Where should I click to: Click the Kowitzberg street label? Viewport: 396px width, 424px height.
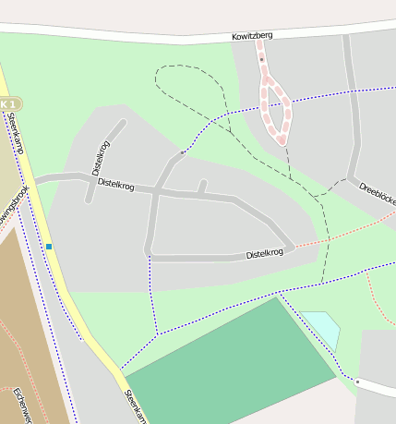(x=252, y=36)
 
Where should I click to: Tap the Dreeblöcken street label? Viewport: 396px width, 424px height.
(x=377, y=192)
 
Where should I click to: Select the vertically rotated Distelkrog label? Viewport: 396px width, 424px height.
(x=102, y=158)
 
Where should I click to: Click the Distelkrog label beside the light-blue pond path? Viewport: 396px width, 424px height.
(x=264, y=253)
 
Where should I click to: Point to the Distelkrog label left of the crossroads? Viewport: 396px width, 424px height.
(x=115, y=186)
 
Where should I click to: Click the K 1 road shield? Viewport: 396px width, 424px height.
(x=8, y=103)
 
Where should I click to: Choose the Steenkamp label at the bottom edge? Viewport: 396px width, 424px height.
(x=135, y=406)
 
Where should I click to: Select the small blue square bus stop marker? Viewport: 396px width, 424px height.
(x=49, y=246)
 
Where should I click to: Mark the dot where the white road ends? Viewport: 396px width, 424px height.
(x=356, y=381)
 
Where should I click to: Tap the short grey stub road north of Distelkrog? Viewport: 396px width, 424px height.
(x=202, y=187)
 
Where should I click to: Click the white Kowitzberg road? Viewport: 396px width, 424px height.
(x=138, y=31)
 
